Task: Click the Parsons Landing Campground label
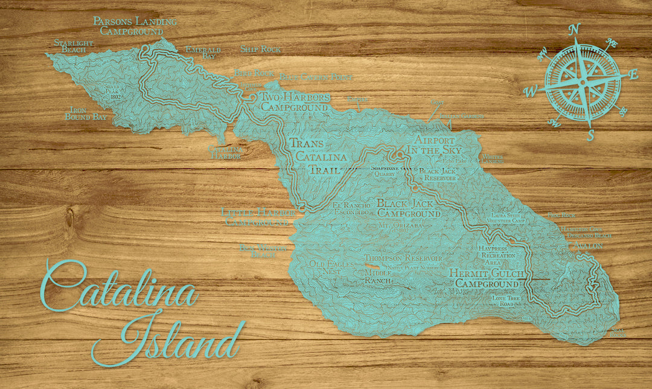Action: click(135, 26)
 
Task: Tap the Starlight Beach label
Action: click(73, 47)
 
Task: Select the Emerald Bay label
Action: click(203, 53)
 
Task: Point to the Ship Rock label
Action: click(260, 50)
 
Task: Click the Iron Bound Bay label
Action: click(86, 113)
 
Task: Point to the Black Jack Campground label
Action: click(409, 208)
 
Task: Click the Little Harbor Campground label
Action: click(258, 217)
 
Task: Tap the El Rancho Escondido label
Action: click(351, 209)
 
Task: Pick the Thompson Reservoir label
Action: click(403, 258)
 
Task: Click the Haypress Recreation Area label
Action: click(498, 256)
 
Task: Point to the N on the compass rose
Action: click(575, 28)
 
